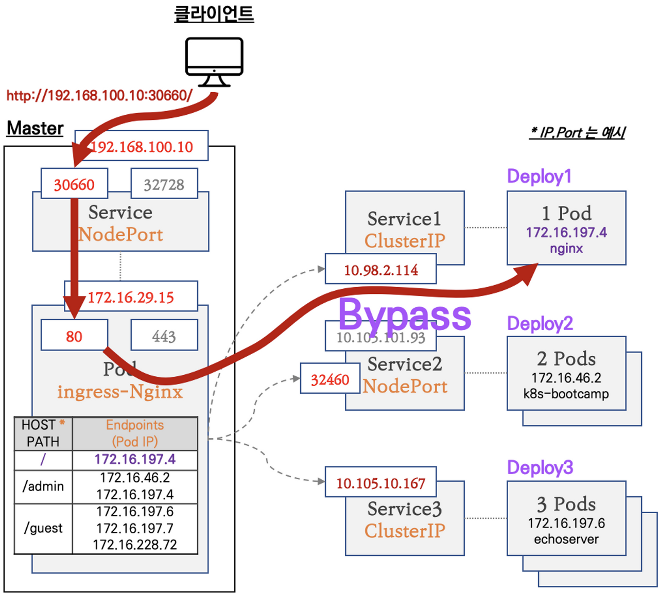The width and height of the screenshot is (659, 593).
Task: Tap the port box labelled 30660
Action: (74, 184)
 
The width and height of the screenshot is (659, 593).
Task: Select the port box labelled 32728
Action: (164, 184)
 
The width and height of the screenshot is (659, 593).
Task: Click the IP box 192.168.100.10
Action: (142, 146)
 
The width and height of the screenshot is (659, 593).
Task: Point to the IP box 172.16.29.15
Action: (131, 296)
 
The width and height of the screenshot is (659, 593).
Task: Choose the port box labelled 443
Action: (164, 336)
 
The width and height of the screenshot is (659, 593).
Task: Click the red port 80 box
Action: (74, 336)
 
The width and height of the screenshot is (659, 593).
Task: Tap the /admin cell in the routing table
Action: (43, 486)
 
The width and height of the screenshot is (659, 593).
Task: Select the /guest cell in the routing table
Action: (43, 528)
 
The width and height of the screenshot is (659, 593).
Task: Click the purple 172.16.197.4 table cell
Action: (135, 459)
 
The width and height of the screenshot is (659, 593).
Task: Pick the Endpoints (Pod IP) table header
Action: (135, 433)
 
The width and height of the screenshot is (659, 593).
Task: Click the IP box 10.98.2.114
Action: (381, 269)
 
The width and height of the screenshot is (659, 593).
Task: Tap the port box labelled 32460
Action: (330, 379)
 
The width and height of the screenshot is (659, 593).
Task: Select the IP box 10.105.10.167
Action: (381, 483)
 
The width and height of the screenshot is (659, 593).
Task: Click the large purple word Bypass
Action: (405, 315)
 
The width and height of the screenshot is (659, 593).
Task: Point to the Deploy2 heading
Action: (540, 323)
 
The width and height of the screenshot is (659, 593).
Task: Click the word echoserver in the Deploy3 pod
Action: (566, 539)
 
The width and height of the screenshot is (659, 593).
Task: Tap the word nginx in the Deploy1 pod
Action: (566, 249)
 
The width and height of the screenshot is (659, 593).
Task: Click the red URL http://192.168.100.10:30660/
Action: (99, 95)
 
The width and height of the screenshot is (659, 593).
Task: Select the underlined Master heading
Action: (35, 128)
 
